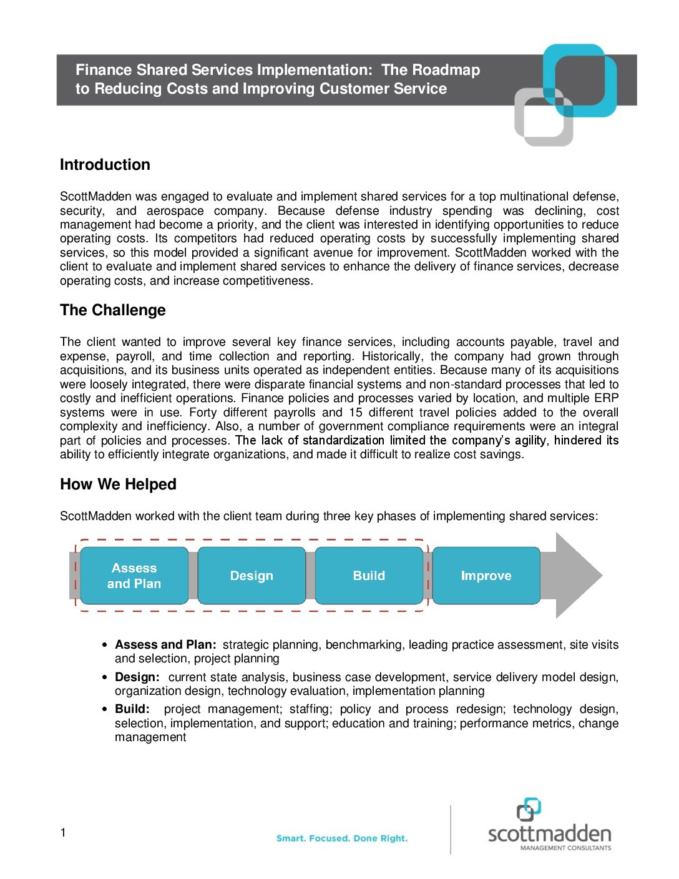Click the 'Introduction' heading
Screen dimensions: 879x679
[x=105, y=165]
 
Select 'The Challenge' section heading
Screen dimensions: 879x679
[x=113, y=310]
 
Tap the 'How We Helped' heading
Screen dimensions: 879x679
[x=118, y=484]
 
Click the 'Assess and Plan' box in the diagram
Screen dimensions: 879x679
[x=134, y=576]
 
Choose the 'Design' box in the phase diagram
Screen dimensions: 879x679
[x=252, y=576]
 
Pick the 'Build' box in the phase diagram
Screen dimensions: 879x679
[x=369, y=576]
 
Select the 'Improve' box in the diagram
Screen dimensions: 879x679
[x=486, y=576]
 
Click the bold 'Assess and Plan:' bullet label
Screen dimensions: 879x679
[x=165, y=645]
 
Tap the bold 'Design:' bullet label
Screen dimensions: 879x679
[x=137, y=677]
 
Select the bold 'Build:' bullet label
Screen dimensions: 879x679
[x=132, y=709]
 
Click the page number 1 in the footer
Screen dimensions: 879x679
[x=63, y=832]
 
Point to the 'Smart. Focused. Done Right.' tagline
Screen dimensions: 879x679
[x=342, y=838]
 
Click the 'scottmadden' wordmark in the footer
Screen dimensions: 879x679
[x=549, y=834]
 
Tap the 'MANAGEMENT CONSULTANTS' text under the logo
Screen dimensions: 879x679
[x=565, y=848]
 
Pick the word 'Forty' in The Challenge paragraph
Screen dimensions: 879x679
[x=202, y=413]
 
